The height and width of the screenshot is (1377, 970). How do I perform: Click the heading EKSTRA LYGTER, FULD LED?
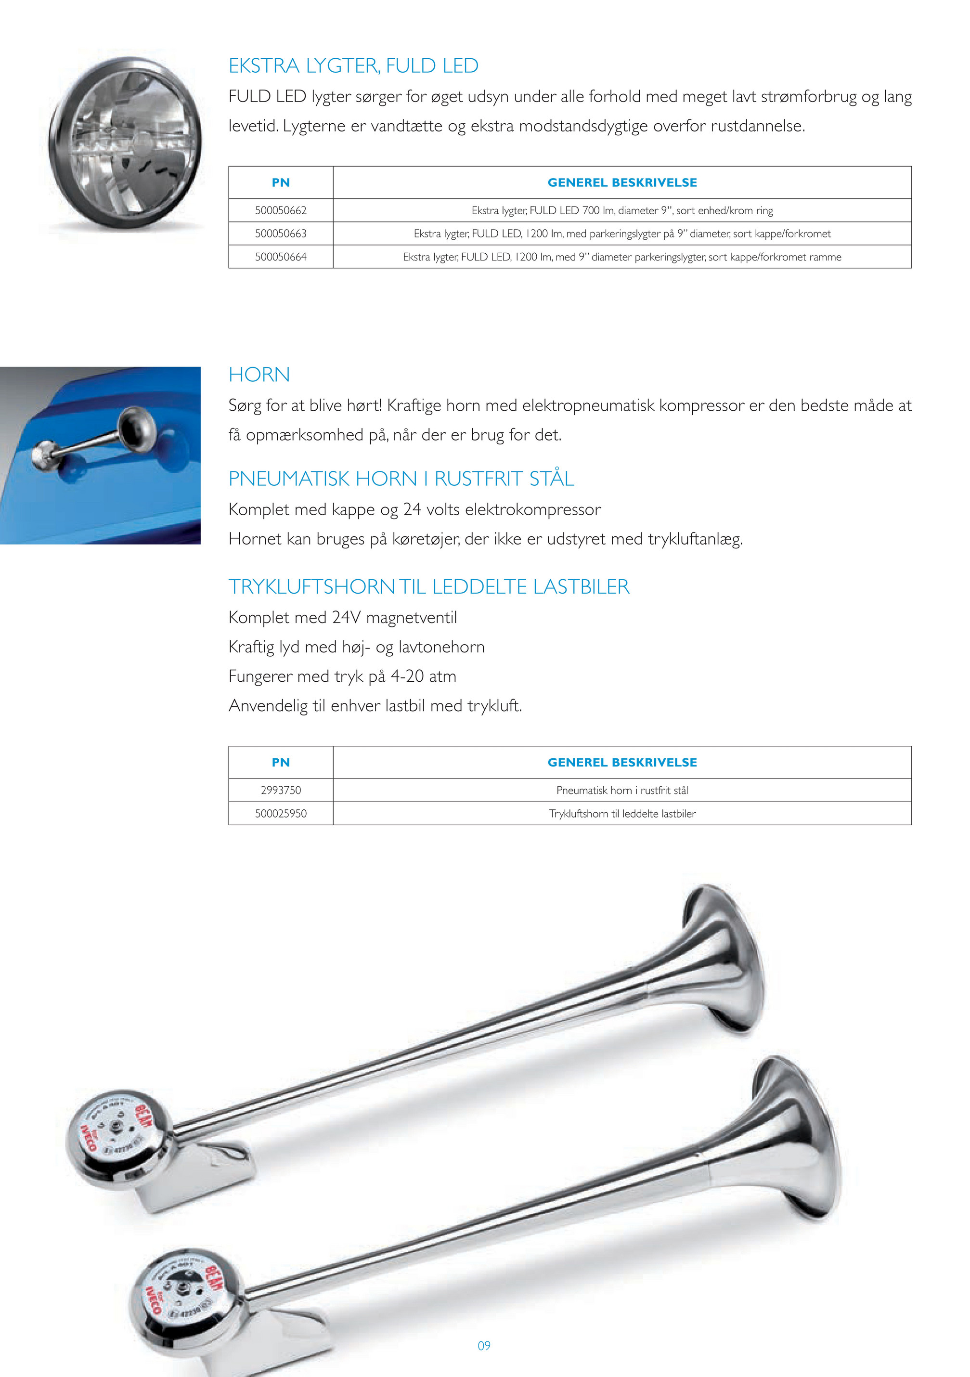(x=353, y=65)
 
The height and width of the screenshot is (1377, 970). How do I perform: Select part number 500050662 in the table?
(x=281, y=210)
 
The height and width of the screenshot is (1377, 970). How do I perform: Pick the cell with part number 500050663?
(x=281, y=234)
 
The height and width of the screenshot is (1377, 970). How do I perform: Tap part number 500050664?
(x=281, y=257)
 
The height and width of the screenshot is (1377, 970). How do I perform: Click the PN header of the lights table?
(x=281, y=182)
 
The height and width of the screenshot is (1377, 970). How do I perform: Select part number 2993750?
(x=281, y=791)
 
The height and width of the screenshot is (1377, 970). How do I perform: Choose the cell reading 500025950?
(x=281, y=814)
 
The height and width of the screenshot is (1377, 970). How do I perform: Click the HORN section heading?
(x=259, y=375)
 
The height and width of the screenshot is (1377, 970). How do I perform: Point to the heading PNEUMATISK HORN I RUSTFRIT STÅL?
(x=401, y=479)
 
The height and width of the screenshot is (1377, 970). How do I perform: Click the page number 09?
(x=484, y=1346)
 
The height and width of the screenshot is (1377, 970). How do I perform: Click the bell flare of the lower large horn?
(x=801, y=1140)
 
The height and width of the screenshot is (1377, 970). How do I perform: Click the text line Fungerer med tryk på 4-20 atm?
(x=342, y=676)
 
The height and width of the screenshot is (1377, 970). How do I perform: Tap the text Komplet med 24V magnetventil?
(x=342, y=618)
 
